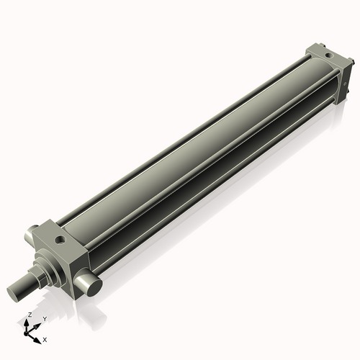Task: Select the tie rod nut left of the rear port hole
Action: pos(312,50)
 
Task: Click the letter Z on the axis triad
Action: pos(30,315)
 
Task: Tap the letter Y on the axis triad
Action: pos(45,318)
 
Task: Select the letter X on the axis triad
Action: pos(45,338)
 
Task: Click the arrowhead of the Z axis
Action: pos(28,321)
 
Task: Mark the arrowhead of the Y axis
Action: pos(37,323)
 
